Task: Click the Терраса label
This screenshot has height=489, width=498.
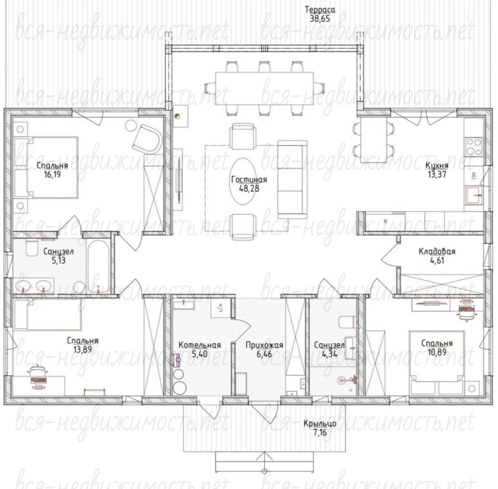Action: point(320,10)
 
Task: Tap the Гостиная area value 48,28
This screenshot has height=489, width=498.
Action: point(249,188)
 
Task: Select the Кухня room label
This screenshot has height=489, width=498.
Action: point(437,166)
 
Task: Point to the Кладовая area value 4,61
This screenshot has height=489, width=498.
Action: point(437,261)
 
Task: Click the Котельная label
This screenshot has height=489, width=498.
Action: point(200,345)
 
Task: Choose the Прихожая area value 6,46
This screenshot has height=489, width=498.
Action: point(264,354)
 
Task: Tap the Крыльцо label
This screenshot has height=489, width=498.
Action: point(319,424)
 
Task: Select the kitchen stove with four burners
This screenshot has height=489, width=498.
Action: point(474,147)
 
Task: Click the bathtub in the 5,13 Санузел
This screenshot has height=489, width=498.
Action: point(98,266)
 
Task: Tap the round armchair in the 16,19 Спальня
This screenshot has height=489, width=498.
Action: point(147,139)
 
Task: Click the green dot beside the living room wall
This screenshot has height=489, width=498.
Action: point(178,116)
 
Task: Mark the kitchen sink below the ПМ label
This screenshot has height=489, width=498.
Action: point(474,195)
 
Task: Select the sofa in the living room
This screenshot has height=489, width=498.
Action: point(292,179)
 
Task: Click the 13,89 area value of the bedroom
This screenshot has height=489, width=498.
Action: point(82,349)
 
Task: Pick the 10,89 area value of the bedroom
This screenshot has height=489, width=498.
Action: point(437,352)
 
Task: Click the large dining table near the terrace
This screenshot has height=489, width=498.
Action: point(264,89)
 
